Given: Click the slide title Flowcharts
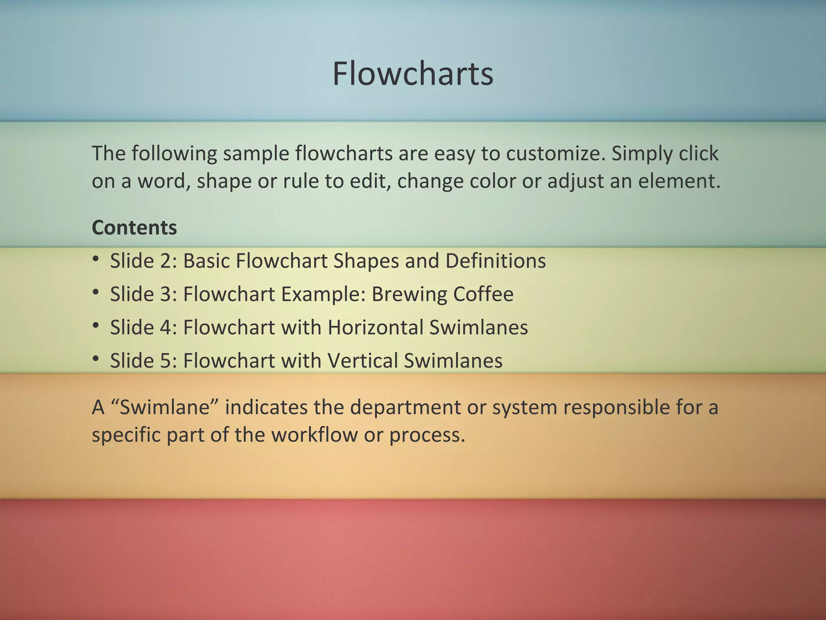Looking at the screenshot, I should coord(413,74).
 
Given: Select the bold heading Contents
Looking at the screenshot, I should coord(134,228).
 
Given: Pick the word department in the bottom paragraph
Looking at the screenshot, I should coord(405,407).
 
